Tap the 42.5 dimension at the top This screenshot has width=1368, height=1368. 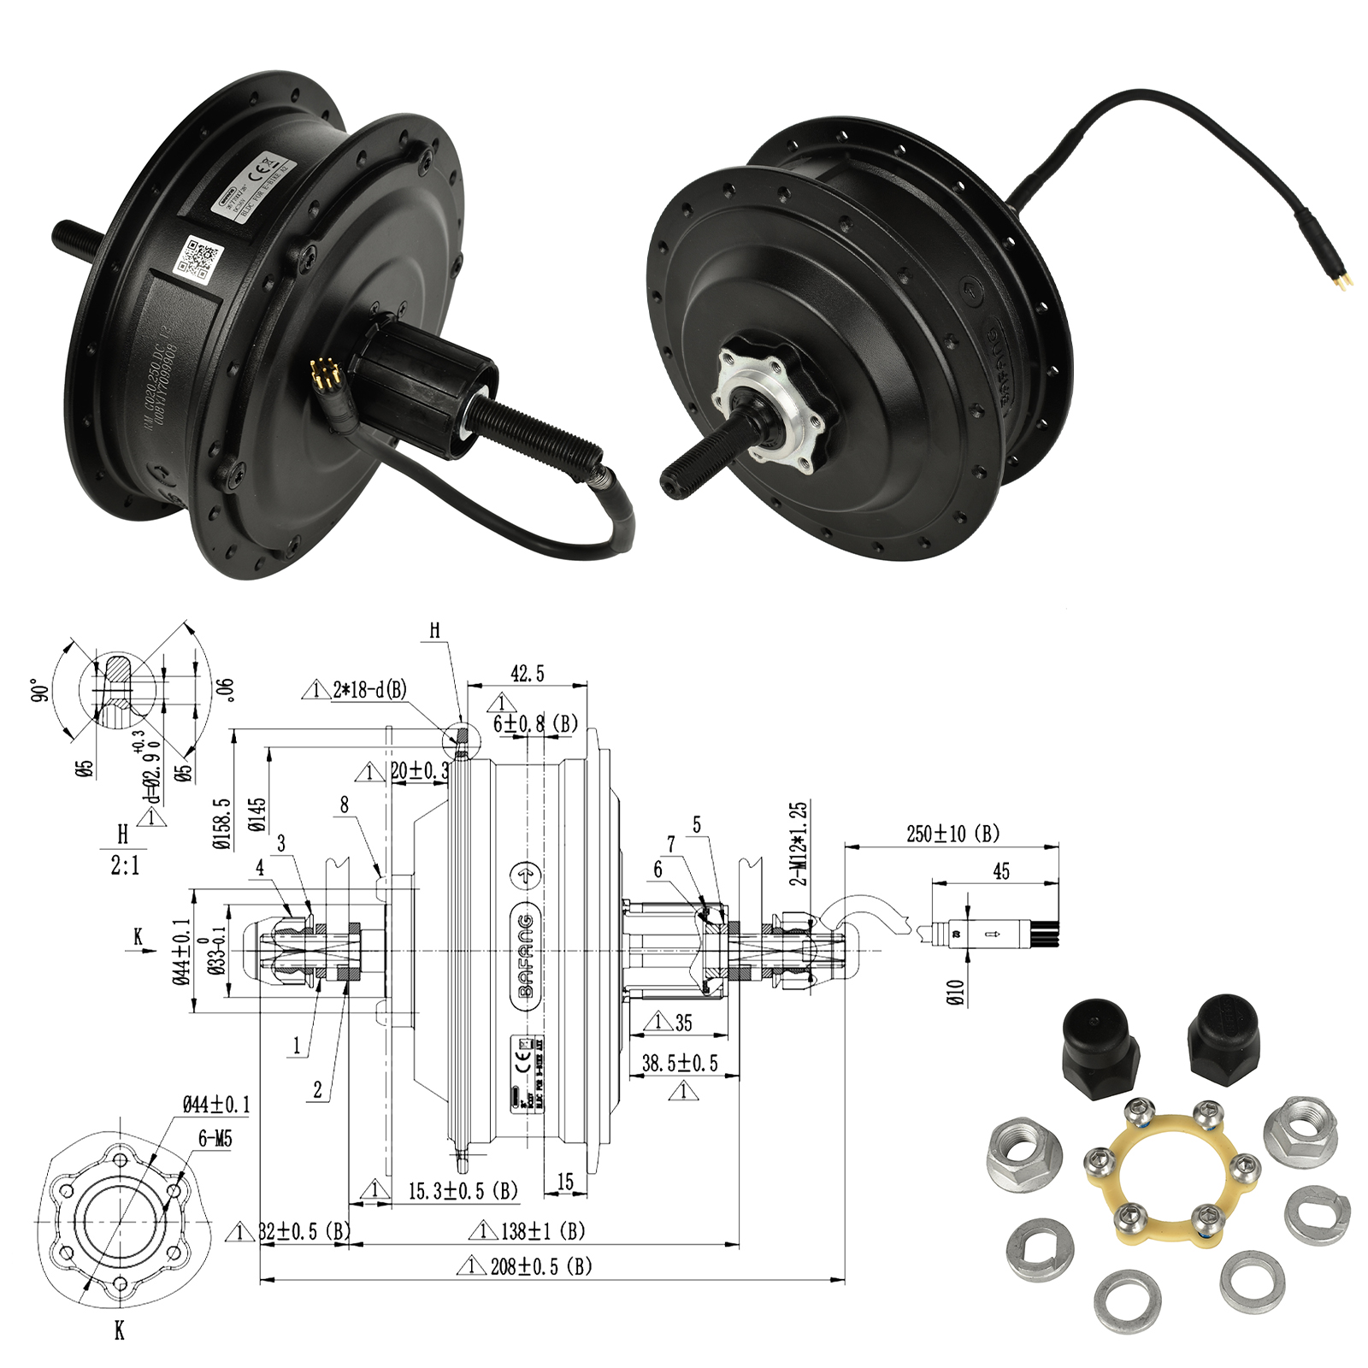pos(527,674)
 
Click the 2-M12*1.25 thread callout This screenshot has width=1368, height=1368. pos(797,843)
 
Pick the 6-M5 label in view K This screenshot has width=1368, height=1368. pos(215,1139)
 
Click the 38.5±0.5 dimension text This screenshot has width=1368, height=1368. pos(680,1063)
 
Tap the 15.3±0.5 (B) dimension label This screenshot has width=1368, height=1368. pos(463,1191)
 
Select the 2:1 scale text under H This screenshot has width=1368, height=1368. pos(125,866)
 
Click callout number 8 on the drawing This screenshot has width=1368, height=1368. pos(345,805)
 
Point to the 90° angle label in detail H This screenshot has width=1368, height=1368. pos(37,691)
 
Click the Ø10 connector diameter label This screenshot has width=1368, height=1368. pos(956,992)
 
